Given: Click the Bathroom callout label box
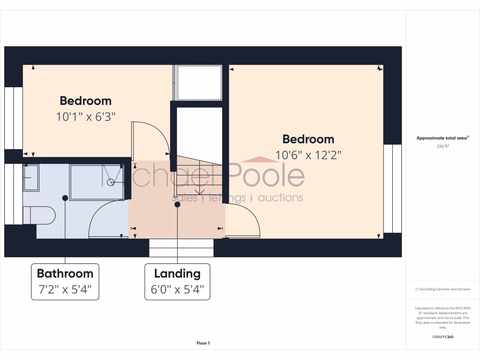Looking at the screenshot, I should point(65,282).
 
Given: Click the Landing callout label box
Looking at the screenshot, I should point(177,282).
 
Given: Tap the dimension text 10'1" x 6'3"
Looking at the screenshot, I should point(86,117).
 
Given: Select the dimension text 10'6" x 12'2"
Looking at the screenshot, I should point(308,155).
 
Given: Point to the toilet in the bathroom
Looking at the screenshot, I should point(40,215).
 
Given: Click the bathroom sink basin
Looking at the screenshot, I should point(31,177).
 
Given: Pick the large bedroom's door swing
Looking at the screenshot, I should point(243,220).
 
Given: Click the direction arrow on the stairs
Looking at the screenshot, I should point(200,190).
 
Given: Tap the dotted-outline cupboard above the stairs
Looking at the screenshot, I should point(198,83).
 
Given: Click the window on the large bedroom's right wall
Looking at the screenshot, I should point(392,188).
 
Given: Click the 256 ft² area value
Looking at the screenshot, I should point(442,146).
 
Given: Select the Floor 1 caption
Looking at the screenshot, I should point(203,343).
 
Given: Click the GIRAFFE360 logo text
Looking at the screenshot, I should point(442,337).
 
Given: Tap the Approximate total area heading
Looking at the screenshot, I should point(442,138).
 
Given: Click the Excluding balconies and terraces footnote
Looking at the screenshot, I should point(442,289).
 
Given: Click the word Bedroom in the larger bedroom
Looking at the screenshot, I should point(308,139).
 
